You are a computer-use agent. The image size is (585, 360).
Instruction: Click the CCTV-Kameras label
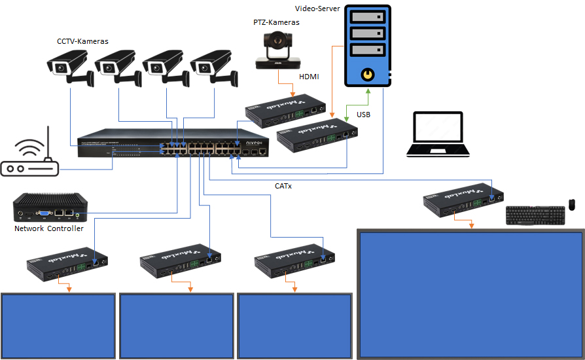82,41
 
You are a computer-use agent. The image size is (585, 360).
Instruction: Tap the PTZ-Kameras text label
276,22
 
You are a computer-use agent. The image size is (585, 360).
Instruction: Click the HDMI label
309,77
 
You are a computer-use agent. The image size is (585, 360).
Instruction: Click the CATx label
283,186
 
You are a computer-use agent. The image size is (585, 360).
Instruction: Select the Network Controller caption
49,228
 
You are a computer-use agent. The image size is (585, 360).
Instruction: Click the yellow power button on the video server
368,75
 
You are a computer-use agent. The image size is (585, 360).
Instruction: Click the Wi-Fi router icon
30,159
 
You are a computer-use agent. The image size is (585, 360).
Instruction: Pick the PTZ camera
277,50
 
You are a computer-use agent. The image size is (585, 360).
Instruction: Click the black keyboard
535,215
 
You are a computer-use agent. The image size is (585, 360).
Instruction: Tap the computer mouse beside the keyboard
571,206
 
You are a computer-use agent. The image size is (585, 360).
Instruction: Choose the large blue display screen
469,293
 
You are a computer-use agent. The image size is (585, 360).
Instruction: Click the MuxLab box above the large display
463,201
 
